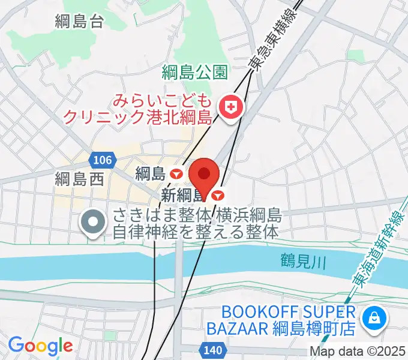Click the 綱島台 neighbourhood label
click(79, 22)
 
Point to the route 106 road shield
click(102, 160)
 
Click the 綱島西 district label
click(79, 178)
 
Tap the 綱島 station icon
click(176, 174)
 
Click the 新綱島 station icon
click(218, 195)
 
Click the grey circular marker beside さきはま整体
click(93, 223)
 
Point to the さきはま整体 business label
click(197, 224)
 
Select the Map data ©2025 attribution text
click(358, 352)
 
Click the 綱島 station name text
click(150, 174)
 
